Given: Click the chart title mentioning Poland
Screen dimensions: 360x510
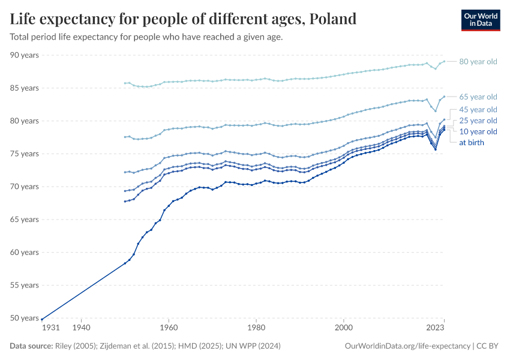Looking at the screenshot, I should [x=184, y=19].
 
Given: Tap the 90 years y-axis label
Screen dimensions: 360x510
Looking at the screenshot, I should [x=25, y=55].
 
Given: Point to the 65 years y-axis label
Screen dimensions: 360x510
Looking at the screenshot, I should [x=25, y=220].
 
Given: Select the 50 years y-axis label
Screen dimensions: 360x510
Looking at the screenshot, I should [x=25, y=318].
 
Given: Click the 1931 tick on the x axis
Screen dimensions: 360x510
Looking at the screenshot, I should [x=50, y=328].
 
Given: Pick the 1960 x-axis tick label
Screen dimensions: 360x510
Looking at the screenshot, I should [x=169, y=328].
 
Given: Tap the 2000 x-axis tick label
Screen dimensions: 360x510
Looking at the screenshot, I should [x=344, y=328].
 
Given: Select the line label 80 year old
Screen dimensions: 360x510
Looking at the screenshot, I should [x=478, y=62].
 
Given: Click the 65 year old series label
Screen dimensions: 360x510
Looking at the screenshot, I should [x=478, y=97].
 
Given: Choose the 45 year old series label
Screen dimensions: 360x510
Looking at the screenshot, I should [x=478, y=109].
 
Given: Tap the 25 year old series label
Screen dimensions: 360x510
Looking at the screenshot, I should [x=478, y=121].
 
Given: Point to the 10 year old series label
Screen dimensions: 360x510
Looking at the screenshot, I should [x=478, y=131].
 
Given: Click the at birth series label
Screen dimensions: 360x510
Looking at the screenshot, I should [x=472, y=143].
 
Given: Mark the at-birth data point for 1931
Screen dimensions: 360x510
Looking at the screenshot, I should [x=42, y=319].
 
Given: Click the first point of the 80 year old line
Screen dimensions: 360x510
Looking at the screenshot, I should [x=125, y=83].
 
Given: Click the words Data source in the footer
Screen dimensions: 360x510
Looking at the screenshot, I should [x=31, y=346].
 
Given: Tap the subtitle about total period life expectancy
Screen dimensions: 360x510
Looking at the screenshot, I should [x=146, y=37].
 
